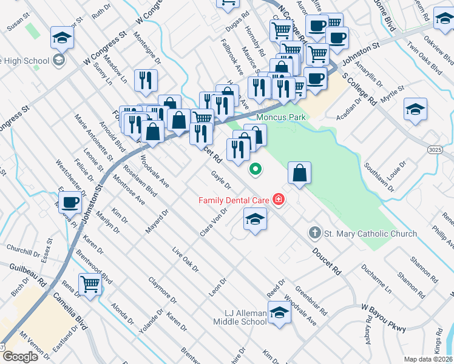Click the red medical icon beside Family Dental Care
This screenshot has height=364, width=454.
[x=279, y=200]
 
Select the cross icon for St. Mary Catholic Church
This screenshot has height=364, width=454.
[x=314, y=233]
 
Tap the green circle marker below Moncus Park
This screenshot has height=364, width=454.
[x=256, y=169]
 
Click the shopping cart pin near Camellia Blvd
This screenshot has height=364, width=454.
[x=90, y=283]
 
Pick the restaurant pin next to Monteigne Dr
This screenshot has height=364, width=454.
[x=146, y=81]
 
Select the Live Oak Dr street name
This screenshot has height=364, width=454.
[x=185, y=260]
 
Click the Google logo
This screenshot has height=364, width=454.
[x=20, y=357]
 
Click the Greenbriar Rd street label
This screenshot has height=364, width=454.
[x=311, y=301]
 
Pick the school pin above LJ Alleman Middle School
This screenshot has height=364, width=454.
[x=279, y=314]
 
